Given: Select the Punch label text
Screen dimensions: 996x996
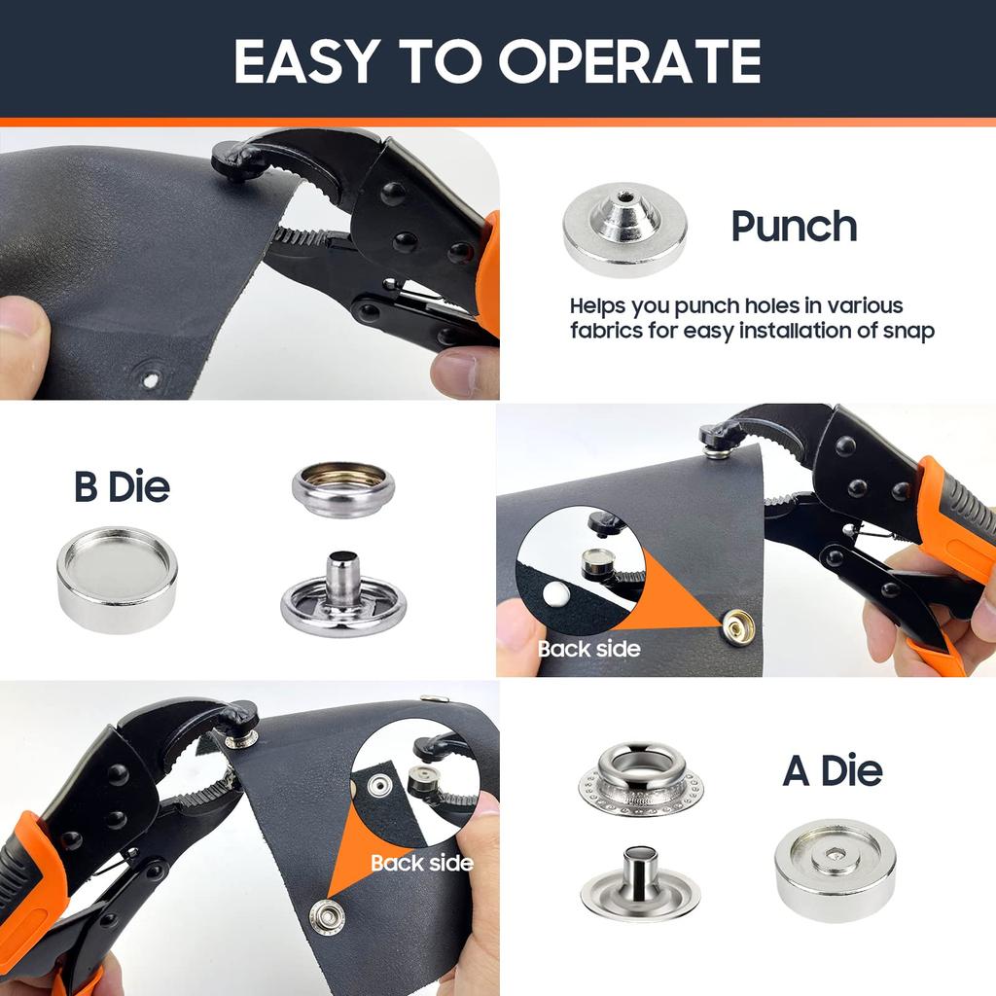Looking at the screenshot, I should (794, 227).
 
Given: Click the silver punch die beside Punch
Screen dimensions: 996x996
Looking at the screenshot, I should (624, 229).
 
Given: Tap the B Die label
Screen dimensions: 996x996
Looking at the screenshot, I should (122, 486).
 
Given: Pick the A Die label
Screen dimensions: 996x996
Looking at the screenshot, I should (833, 770).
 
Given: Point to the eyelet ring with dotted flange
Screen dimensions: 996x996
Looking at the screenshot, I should (640, 778).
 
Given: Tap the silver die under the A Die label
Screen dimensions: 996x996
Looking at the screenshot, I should (835, 869).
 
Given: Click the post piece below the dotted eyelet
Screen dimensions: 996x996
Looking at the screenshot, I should (640, 881).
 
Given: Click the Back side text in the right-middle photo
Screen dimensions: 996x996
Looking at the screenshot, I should (589, 648).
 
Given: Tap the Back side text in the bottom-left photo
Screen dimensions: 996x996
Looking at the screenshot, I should (421, 863).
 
